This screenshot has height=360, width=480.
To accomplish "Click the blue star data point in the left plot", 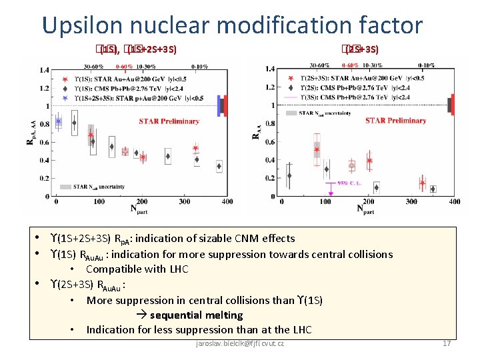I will (x=59, y=121).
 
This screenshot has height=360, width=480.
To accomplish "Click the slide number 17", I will (x=447, y=343).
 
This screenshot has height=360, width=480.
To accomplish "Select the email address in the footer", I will (x=239, y=343).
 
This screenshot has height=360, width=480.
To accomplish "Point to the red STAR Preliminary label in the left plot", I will (x=169, y=121).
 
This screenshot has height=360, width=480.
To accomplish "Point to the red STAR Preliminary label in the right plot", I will (x=395, y=121).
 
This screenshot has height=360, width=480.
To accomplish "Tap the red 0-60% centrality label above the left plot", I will (x=125, y=67).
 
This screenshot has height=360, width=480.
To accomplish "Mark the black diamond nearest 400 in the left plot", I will (x=219, y=166).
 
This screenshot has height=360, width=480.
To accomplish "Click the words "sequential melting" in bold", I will (x=196, y=315).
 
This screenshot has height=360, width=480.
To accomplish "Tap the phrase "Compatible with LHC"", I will (x=137, y=269).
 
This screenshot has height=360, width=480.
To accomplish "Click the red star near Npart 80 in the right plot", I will (x=317, y=149).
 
